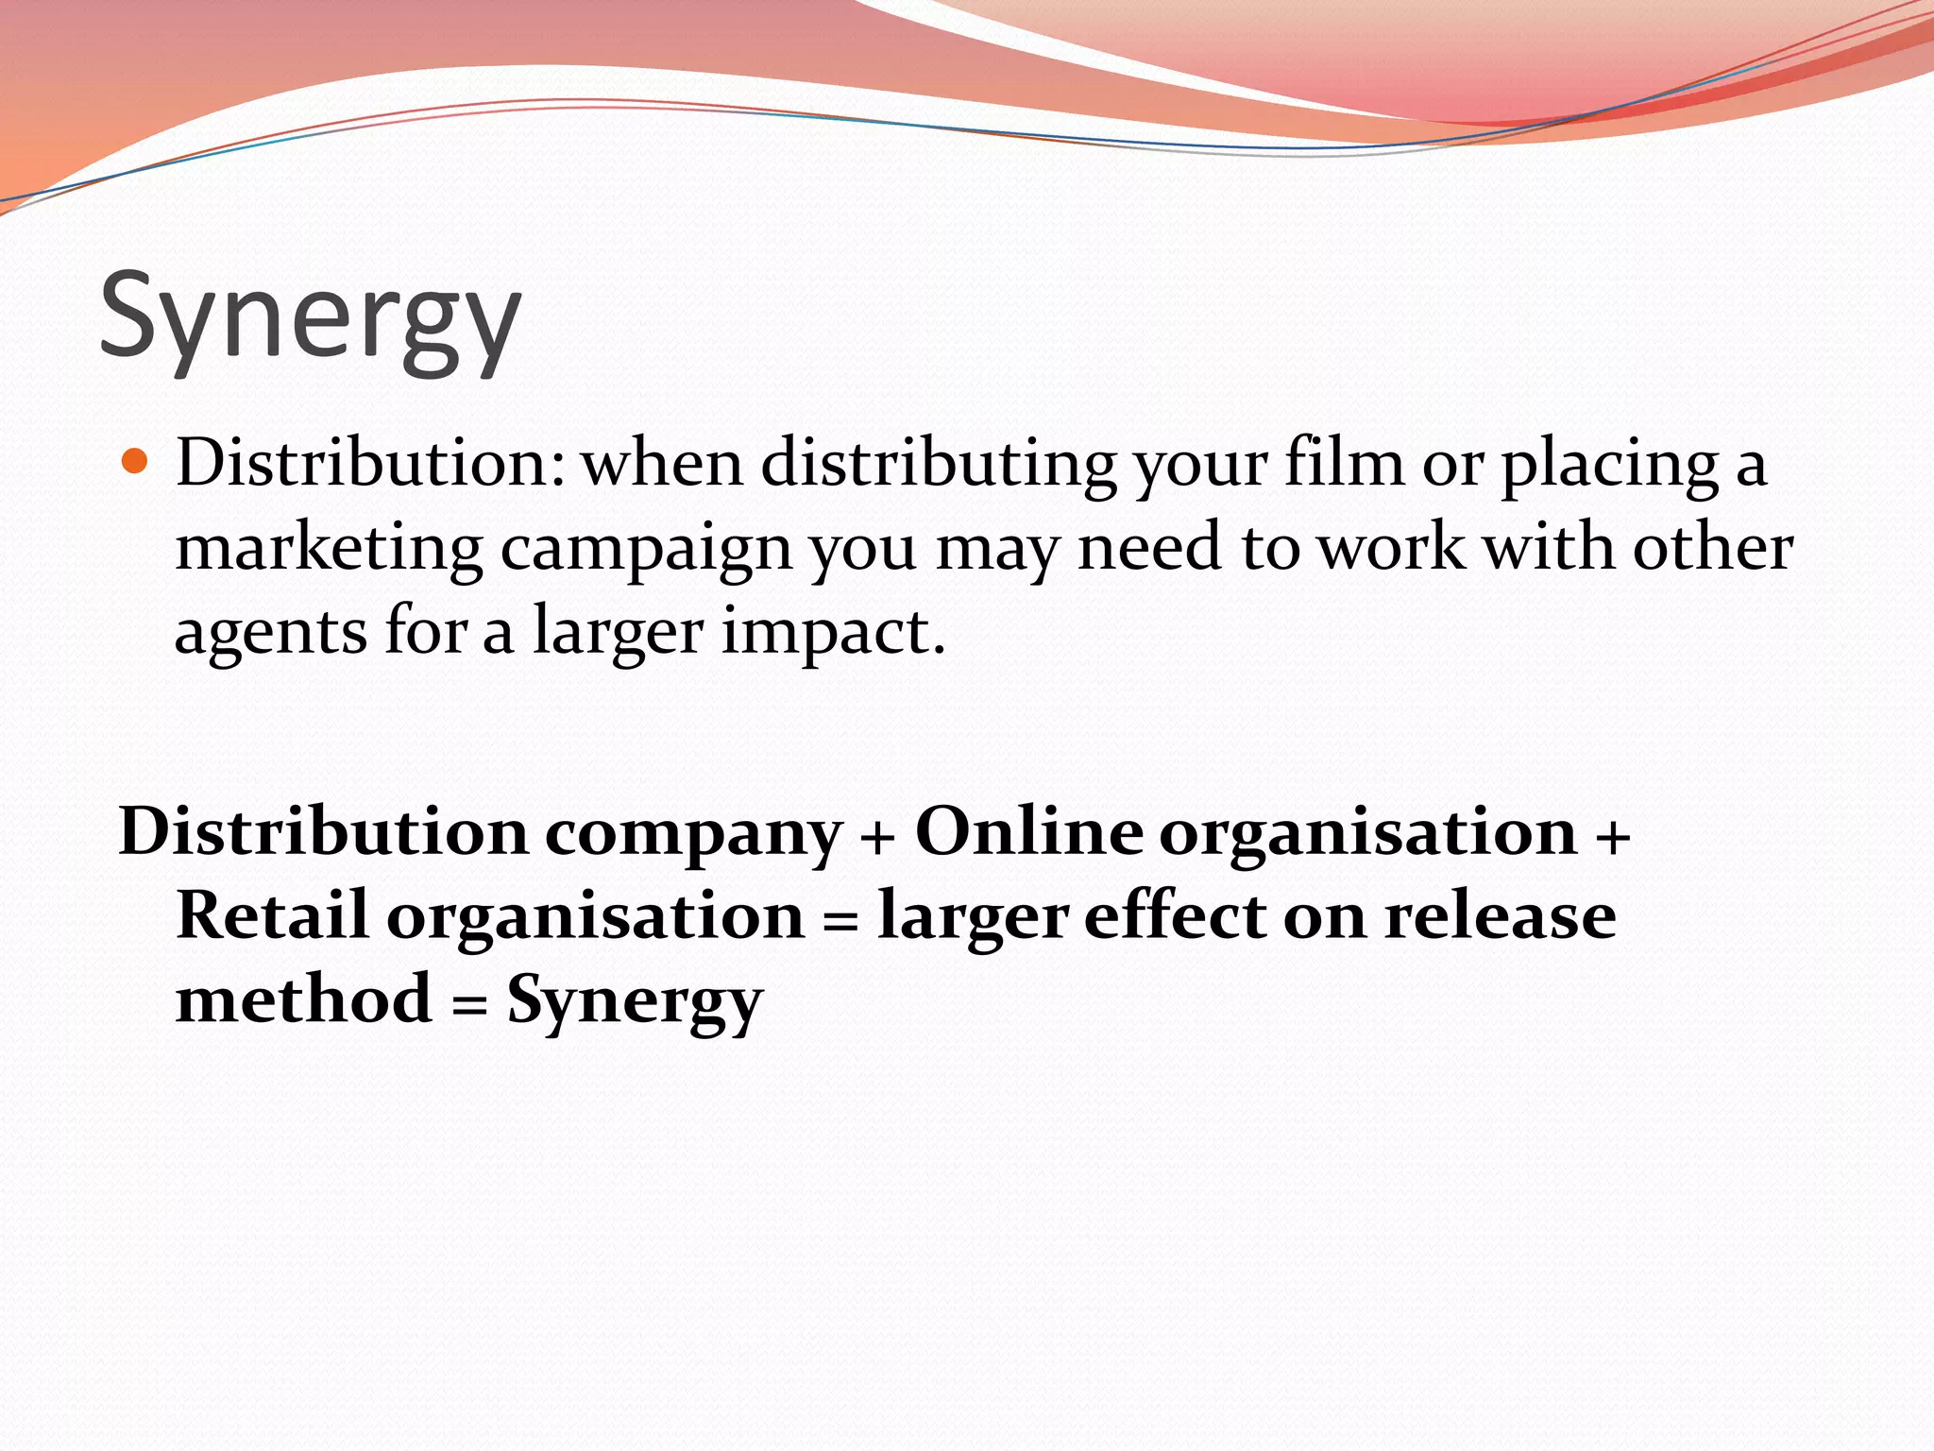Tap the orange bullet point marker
click(136, 462)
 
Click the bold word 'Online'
click(1028, 831)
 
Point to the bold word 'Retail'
click(272, 914)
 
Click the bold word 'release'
click(1500, 914)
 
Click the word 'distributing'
click(939, 466)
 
